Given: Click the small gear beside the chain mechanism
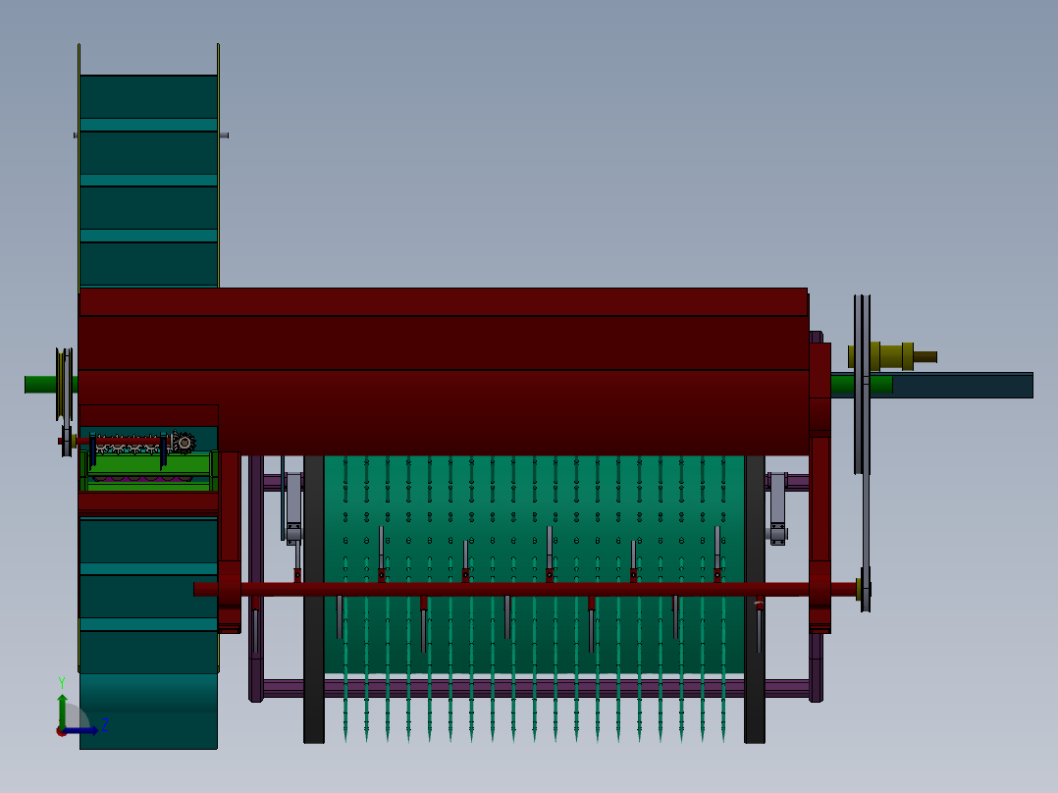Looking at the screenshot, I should tap(184, 443).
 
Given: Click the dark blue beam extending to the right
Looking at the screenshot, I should tap(962, 385).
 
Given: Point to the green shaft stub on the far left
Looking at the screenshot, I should tap(39, 384).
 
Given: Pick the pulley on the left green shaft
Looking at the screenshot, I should tap(65, 383).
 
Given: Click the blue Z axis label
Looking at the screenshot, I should tap(104, 724).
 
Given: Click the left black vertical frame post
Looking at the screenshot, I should tap(314, 599).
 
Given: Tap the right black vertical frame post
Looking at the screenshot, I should tap(755, 599).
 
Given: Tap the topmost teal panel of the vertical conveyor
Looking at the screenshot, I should tap(147, 95).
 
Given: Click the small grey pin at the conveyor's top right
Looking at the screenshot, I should tap(225, 135).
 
